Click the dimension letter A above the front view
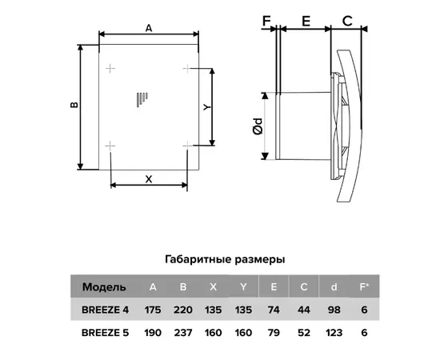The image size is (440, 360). pyautogui.click(x=149, y=28)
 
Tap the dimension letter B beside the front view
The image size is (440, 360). pyautogui.click(x=74, y=105)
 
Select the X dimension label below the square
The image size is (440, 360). pyautogui.click(x=149, y=179)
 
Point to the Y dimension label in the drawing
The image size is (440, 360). pyautogui.click(x=207, y=107)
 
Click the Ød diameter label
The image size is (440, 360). pyautogui.click(x=258, y=126)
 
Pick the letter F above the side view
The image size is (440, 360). pyautogui.click(x=266, y=21)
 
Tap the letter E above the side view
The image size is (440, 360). pyautogui.click(x=306, y=21)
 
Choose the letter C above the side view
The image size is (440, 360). pyautogui.click(x=347, y=21)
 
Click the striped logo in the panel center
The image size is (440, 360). pyautogui.click(x=142, y=100)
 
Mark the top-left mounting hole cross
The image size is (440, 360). pyautogui.click(x=110, y=68)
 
